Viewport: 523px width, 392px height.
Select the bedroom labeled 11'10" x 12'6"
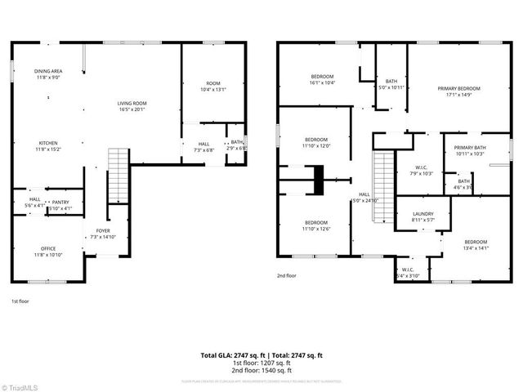(316, 225)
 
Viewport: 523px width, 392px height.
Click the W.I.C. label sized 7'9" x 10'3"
(410, 170)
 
